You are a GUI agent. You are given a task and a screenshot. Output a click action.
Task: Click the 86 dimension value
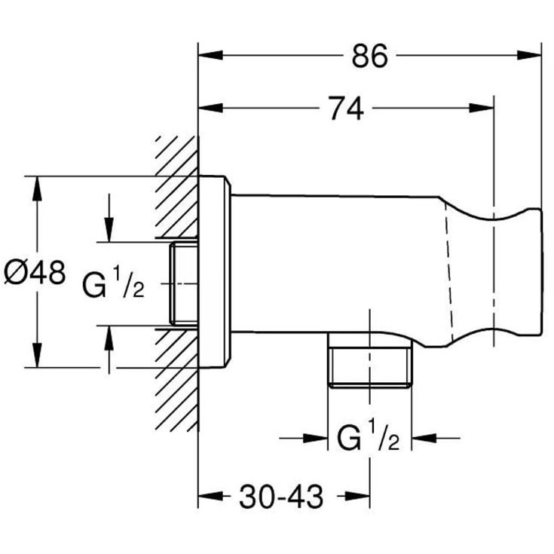point(369,56)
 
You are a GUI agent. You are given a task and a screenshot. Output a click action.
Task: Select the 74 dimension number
point(346,109)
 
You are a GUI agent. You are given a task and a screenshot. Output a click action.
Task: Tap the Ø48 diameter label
point(35,272)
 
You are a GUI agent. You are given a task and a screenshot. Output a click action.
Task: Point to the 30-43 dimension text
point(281,497)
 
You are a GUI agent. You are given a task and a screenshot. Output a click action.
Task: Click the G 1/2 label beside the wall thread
point(113,282)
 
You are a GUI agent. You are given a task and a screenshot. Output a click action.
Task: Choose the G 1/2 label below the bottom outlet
point(368,435)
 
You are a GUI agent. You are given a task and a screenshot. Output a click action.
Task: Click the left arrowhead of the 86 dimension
point(210,55)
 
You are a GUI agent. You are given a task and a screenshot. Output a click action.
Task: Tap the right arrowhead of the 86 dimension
point(529,55)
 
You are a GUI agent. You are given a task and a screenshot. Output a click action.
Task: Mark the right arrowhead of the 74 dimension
point(481,108)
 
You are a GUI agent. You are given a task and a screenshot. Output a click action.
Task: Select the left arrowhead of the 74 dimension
point(210,108)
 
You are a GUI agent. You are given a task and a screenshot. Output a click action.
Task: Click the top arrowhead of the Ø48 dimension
point(37,188)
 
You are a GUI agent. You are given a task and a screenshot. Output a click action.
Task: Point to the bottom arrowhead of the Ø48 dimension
point(37,355)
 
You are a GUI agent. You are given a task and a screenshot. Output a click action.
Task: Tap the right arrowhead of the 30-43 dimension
point(357,496)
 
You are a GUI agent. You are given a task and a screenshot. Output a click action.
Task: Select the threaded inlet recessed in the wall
point(184,283)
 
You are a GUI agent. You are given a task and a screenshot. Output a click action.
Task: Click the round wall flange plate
point(215,271)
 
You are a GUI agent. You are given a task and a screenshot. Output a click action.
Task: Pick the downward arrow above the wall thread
point(109,218)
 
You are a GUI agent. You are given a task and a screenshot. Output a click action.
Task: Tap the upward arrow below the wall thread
point(109,350)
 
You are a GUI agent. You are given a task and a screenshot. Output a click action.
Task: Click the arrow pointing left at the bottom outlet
point(436,438)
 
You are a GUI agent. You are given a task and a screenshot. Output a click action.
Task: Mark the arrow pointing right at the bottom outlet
point(304,438)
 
